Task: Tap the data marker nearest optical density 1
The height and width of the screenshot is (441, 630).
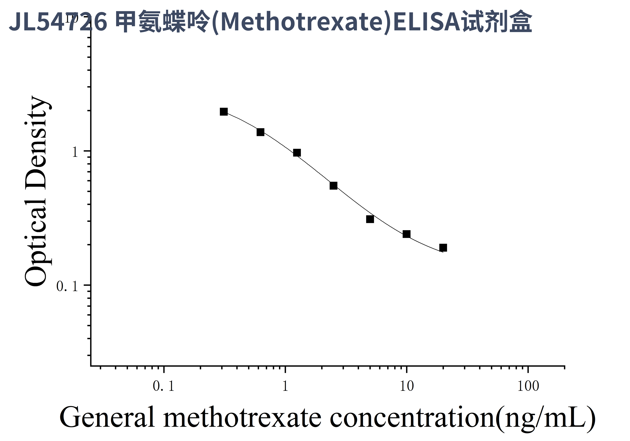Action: click(x=297, y=153)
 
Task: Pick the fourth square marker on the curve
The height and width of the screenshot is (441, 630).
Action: click(x=333, y=186)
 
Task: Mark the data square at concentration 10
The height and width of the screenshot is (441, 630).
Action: click(x=406, y=234)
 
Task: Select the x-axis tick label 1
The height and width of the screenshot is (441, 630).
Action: click(x=285, y=386)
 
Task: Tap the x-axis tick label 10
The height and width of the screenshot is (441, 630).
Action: click(x=406, y=386)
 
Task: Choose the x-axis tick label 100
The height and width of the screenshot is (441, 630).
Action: click(x=528, y=386)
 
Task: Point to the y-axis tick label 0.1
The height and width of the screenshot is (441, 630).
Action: click(x=67, y=287)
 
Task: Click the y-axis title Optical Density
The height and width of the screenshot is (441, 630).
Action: click(x=37, y=191)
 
